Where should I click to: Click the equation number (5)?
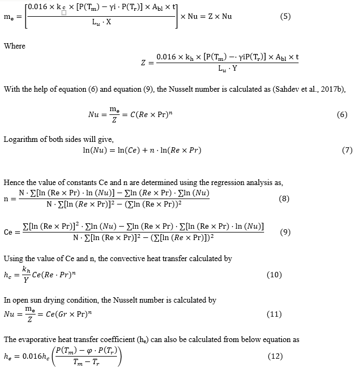click(x=286, y=16)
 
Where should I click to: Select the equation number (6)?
click(x=342, y=115)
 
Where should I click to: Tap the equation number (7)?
click(x=347, y=150)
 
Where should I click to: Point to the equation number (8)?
click(x=285, y=199)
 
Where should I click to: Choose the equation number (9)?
click(x=285, y=233)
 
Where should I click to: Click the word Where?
click(x=15, y=46)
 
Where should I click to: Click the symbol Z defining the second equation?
click(x=143, y=63)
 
